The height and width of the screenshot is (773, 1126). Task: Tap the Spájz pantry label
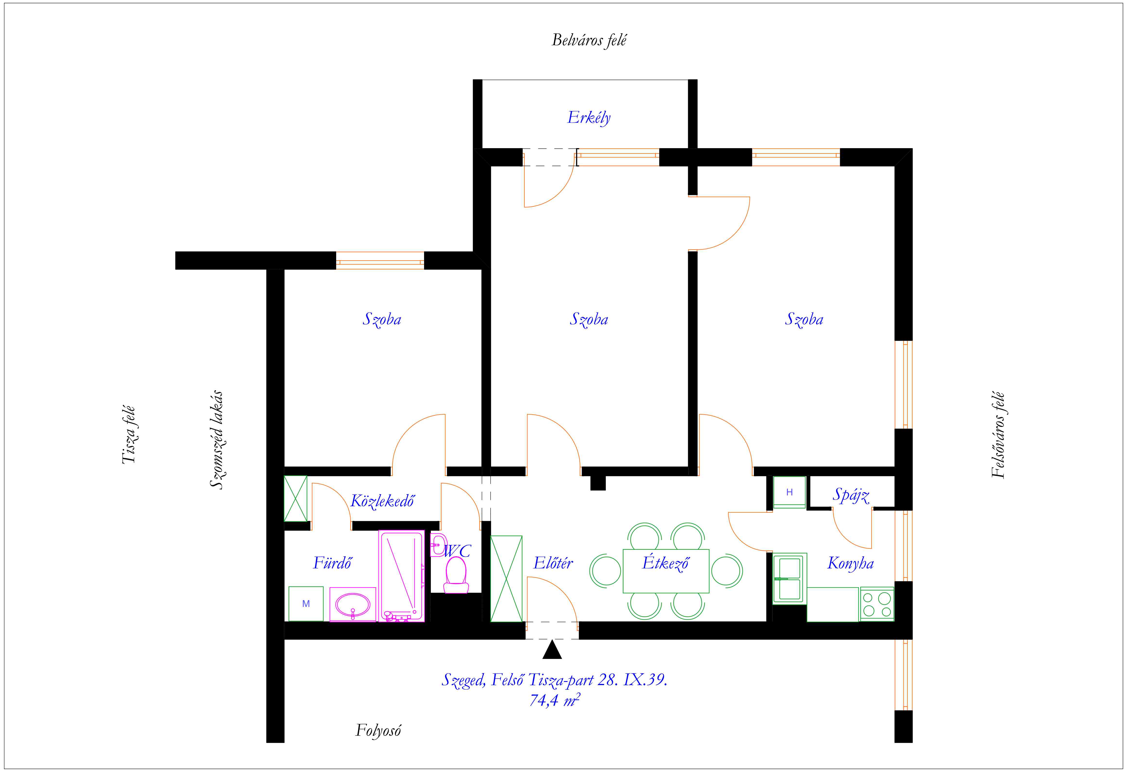[x=851, y=495]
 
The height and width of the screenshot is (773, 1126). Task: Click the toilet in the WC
[x=456, y=575]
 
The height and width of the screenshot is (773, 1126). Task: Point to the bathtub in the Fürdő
[x=402, y=576]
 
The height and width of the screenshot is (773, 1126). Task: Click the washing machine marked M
[x=306, y=603]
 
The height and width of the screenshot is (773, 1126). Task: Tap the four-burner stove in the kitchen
[x=877, y=604]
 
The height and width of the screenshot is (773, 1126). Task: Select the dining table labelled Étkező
[x=666, y=571]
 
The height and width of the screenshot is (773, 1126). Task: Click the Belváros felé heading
[x=589, y=40]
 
